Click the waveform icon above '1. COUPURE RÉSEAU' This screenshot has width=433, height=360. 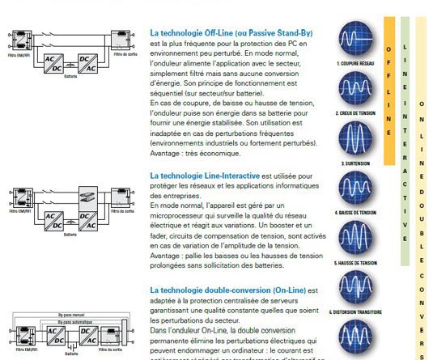point(353,39)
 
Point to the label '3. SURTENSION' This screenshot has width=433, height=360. point(353,163)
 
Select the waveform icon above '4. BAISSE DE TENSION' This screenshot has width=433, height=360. point(353,191)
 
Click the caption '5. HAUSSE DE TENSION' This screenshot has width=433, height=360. point(353,263)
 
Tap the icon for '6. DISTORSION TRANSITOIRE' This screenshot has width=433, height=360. point(353,287)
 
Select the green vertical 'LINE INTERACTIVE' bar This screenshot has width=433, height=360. point(405,138)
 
